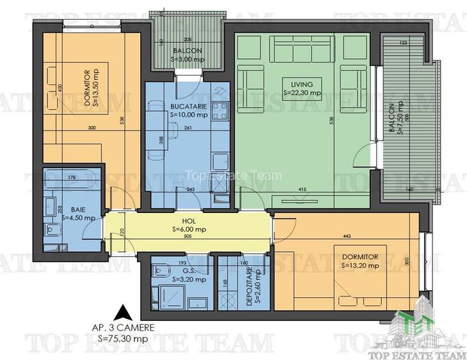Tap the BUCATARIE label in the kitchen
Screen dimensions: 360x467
point(188,107)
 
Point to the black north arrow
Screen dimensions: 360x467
point(121,313)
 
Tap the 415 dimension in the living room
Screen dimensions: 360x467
point(301,189)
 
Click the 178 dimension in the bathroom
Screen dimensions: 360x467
point(72,178)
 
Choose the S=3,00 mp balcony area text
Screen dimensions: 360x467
point(187,59)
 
